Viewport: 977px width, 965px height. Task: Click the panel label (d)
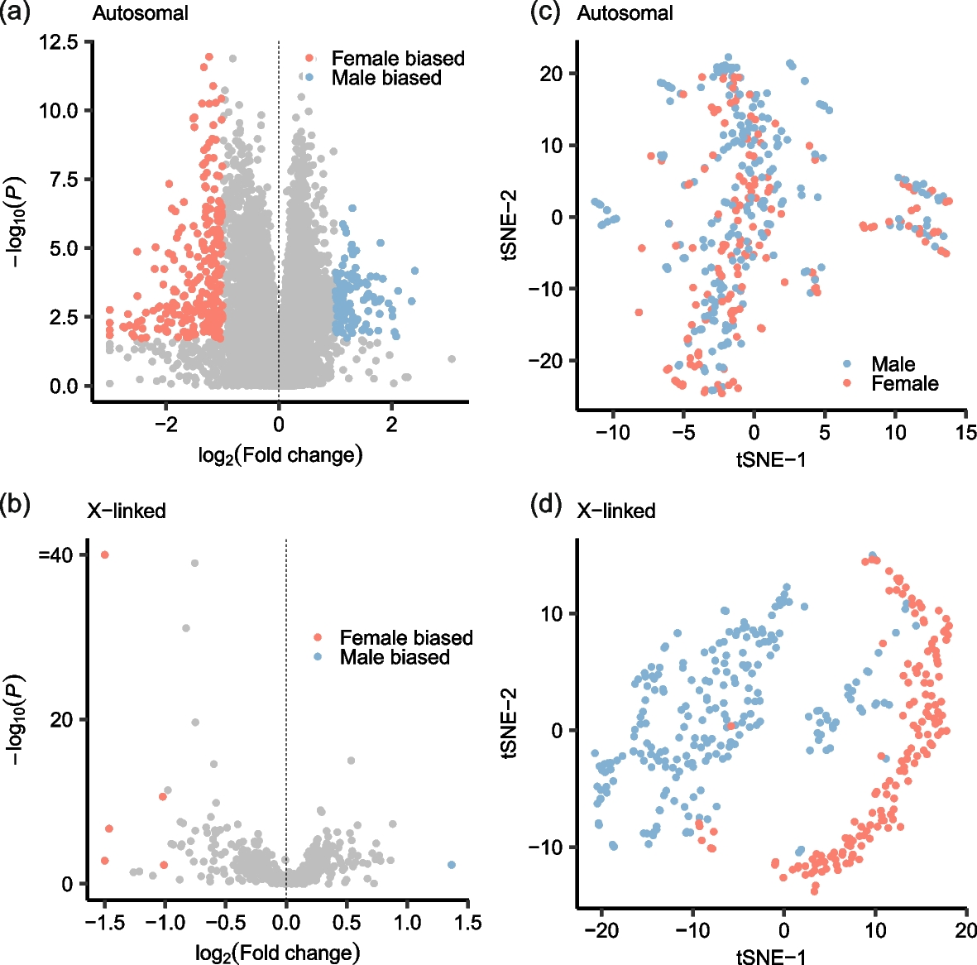[x=546, y=504]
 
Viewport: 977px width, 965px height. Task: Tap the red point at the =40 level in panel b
[x=104, y=555]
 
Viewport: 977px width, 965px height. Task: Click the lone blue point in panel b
[x=452, y=865]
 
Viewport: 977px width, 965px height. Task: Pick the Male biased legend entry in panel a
[x=386, y=78]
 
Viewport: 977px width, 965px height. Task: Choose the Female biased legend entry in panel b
[x=406, y=637]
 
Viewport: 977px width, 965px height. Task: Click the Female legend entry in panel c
[x=904, y=384]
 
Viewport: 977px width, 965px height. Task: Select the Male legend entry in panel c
[x=893, y=364]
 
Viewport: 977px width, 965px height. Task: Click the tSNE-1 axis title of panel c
[x=770, y=458]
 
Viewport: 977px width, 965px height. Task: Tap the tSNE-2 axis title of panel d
[x=510, y=722]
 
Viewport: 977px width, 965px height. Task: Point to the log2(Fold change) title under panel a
[x=280, y=454]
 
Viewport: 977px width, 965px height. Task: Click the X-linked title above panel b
[x=127, y=511]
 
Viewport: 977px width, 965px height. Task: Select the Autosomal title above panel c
[x=625, y=13]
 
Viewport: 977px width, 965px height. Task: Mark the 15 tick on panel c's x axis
[x=965, y=432]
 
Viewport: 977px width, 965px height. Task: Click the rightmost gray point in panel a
[x=452, y=359]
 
